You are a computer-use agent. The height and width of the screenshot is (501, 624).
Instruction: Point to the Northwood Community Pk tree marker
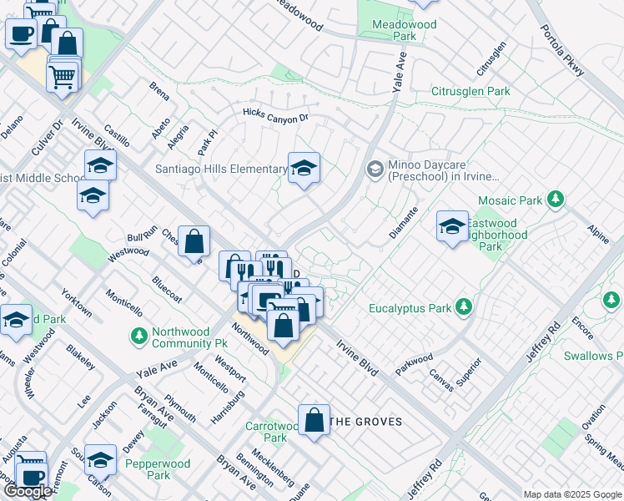pyautogui.click(x=139, y=337)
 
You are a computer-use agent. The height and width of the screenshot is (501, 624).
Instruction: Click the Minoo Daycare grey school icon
pyautogui.click(x=375, y=170)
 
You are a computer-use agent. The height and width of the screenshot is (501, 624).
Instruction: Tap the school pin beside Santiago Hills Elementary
pyautogui.click(x=304, y=168)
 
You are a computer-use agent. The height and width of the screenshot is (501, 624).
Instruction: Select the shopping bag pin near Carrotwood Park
pyautogui.click(x=315, y=421)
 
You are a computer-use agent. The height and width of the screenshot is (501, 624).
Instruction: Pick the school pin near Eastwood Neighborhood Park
pyautogui.click(x=452, y=226)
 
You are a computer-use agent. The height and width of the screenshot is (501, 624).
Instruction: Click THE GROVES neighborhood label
pyautogui.click(x=366, y=422)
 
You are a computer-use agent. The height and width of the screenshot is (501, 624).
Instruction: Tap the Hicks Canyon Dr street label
pyautogui.click(x=275, y=114)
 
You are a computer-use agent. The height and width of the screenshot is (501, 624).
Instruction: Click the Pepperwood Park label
pyautogui.click(x=158, y=469)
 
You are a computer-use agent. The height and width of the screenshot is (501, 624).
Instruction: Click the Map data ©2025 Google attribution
pyautogui.click(x=571, y=494)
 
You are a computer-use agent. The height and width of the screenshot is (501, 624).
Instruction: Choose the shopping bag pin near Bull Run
pyautogui.click(x=194, y=242)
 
